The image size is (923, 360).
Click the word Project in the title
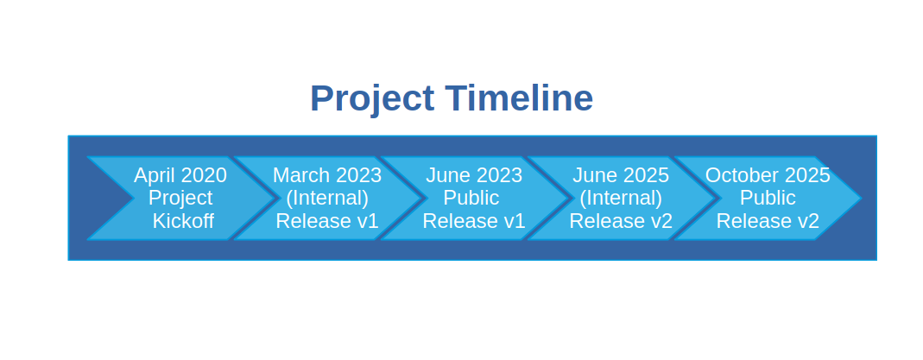[x=372, y=98]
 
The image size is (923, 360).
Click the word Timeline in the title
[x=519, y=98]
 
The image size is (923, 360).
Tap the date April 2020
[x=180, y=175]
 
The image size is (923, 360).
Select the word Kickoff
[x=183, y=221]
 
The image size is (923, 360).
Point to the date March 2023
[x=327, y=175]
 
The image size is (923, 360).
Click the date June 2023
[x=474, y=175]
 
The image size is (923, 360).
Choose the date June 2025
[x=621, y=175]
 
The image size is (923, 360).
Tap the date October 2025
[x=768, y=175]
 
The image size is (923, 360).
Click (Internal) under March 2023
[x=327, y=199]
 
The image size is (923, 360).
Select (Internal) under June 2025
[x=621, y=199]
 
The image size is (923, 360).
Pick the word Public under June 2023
[x=471, y=199]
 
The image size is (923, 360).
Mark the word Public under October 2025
[x=768, y=199]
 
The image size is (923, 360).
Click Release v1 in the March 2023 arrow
[x=326, y=221]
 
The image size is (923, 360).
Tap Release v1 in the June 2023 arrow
[x=474, y=221]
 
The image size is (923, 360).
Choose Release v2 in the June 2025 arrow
[x=621, y=221]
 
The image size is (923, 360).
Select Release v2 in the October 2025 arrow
[x=768, y=221]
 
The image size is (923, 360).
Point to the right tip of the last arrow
[x=861, y=199]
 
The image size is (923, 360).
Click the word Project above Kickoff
[x=180, y=199]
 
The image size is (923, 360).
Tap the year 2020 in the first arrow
[x=204, y=175]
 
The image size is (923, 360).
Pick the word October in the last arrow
[x=742, y=175]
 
